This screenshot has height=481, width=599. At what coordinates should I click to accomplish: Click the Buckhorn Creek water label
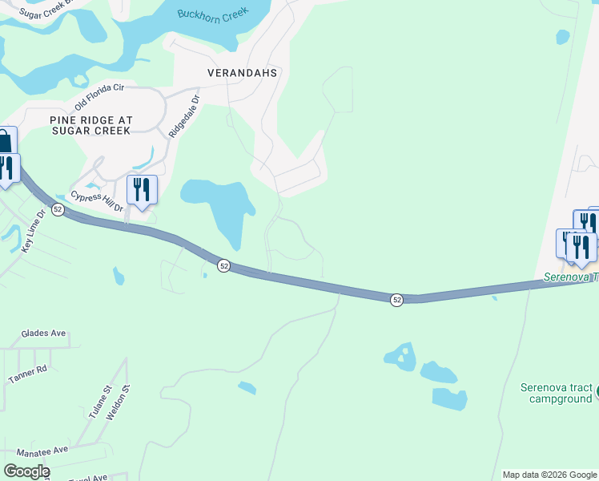(x=214, y=17)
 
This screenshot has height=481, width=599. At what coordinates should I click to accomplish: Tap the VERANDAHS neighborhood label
(x=242, y=73)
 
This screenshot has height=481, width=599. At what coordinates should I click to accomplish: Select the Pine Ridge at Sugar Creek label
(x=90, y=125)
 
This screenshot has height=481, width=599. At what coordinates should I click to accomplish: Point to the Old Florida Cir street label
(x=100, y=97)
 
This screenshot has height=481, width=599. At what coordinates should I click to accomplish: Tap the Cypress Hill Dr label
(x=97, y=201)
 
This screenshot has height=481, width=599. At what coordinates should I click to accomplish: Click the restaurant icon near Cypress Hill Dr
(x=142, y=190)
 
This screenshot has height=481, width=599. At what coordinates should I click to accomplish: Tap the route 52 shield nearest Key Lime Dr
(x=58, y=209)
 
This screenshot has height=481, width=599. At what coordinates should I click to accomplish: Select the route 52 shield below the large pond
(x=224, y=265)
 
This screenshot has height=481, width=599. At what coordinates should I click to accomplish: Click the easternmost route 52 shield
(x=396, y=300)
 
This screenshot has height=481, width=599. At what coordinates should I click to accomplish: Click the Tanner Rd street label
(x=29, y=373)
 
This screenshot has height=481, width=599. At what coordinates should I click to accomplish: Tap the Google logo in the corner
(x=26, y=471)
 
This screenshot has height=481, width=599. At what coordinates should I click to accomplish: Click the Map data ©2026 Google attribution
(x=549, y=475)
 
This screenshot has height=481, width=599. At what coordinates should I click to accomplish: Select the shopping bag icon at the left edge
(x=5, y=142)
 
